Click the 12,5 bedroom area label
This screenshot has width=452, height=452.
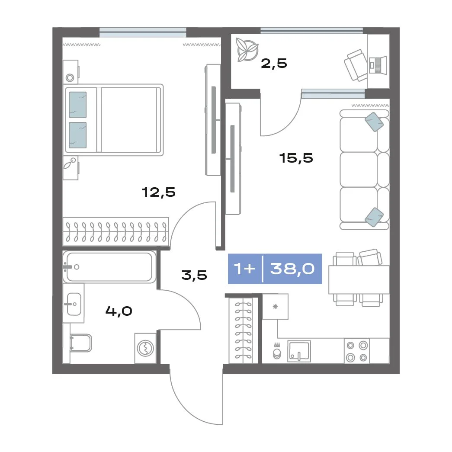tap(159, 192)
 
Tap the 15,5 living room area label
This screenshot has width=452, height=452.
tap(296, 158)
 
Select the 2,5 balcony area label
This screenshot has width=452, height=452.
tap(274, 64)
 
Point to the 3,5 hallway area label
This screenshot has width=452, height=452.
tap(194, 275)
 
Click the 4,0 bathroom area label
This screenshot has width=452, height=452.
tap(119, 311)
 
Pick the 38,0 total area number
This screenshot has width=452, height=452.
tap(292, 269)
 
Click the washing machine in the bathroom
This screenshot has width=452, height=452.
tap(146, 348)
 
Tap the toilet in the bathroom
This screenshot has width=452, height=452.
tap(81, 343)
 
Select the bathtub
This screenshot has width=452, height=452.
tap(109, 266)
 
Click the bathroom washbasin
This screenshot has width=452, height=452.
tap(74, 304)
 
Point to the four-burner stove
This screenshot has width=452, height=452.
tap(357, 351)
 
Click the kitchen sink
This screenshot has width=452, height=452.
tap(299, 351)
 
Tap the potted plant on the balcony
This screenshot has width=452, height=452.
tap(247, 50)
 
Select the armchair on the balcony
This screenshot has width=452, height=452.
tap(356, 65)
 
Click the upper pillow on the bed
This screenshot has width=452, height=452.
tap(78, 105)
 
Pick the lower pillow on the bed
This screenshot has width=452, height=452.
tap(78, 135)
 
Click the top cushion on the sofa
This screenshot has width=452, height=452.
tap(374, 122)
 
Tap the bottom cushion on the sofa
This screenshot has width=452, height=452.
tap(374, 217)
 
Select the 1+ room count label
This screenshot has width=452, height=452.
tap(244, 269)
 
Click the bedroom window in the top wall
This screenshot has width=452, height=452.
tap(143, 32)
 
